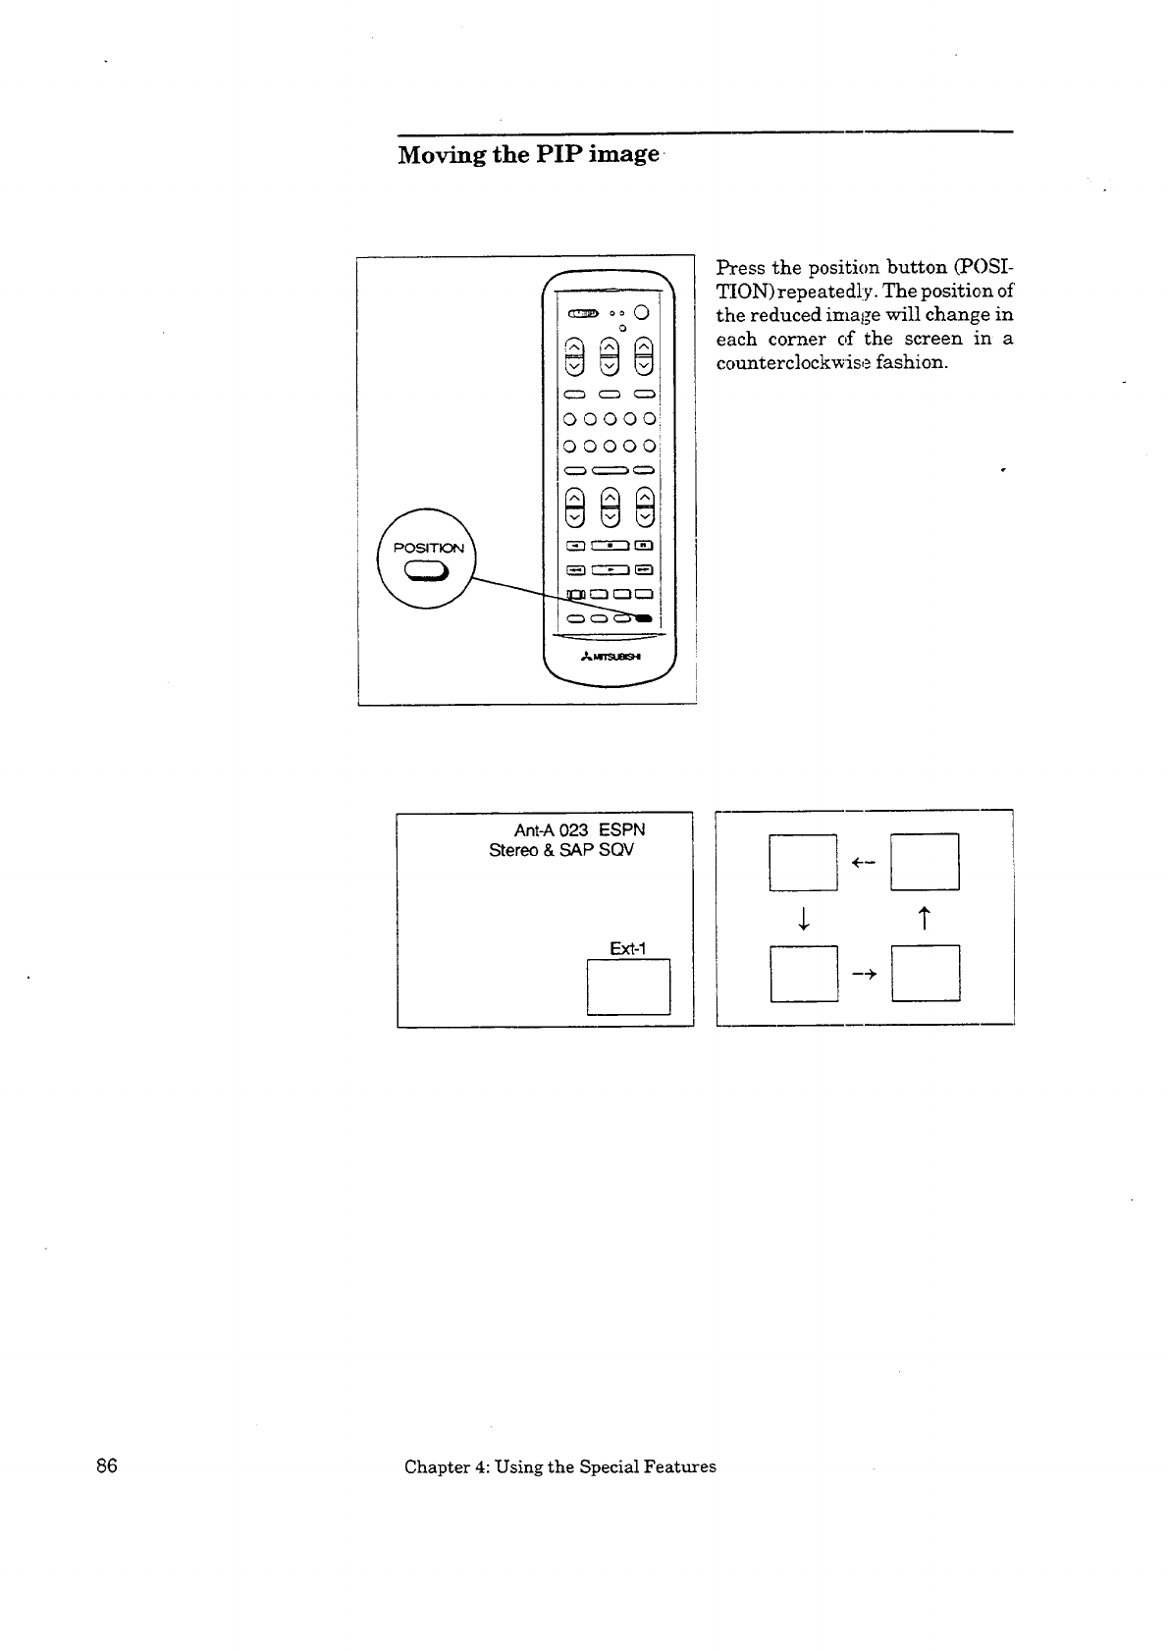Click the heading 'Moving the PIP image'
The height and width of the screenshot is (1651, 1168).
[528, 155]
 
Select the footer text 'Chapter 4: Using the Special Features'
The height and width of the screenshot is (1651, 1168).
[559, 1466]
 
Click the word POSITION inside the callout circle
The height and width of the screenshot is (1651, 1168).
[428, 548]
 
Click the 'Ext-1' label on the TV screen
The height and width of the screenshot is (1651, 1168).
[627, 948]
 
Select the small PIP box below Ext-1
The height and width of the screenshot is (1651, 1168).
[628, 985]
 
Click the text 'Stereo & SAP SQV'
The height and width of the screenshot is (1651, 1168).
[561, 849]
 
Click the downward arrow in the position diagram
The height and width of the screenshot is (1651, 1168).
[803, 919]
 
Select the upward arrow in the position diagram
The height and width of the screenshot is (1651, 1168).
[924, 919]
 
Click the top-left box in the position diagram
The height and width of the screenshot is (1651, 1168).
[803, 862]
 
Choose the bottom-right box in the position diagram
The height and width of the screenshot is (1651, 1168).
[925, 973]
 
